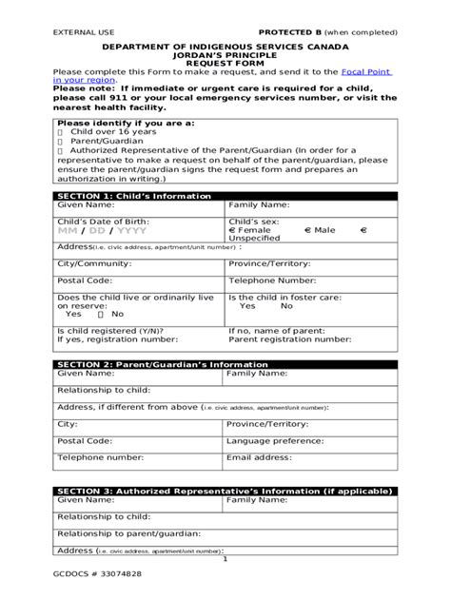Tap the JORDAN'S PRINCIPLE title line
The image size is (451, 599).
coord(225,54)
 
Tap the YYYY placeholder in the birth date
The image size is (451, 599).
coord(131,230)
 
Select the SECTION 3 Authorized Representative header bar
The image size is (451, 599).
coord(224,491)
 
